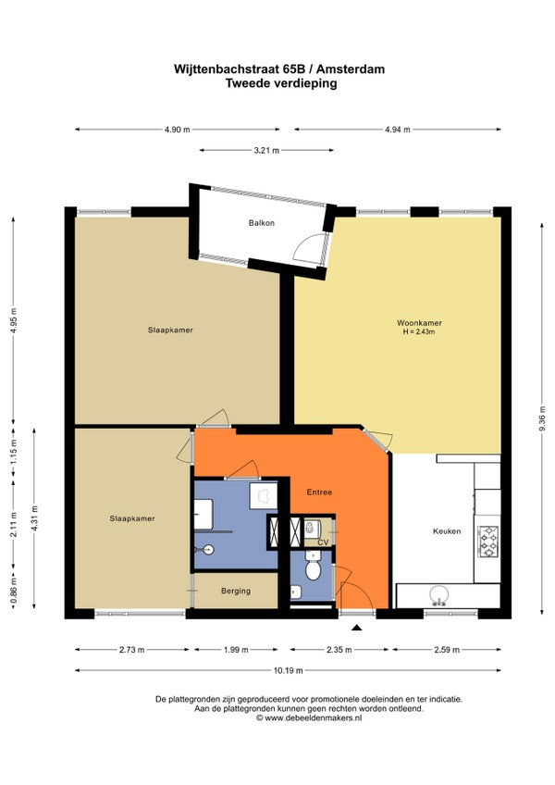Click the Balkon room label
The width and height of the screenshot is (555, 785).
click(261, 223)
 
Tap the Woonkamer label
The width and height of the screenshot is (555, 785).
click(419, 323)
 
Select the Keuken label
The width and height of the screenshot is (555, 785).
click(447, 531)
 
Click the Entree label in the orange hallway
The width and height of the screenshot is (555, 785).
click(319, 492)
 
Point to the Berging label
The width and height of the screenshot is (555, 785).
click(236, 592)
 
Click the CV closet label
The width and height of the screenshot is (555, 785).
click(324, 542)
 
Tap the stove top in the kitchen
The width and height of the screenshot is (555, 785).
click(488, 542)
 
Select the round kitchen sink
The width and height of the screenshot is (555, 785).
click(438, 594)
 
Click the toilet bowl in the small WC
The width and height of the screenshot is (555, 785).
click(314, 568)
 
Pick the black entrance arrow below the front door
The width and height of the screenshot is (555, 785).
click(356, 628)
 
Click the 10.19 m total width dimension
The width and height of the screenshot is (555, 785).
click(288, 670)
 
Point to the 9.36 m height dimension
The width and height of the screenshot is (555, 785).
click(542, 418)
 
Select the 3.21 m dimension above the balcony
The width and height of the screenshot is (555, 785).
click(266, 150)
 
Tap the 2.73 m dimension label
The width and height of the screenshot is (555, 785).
click(131, 650)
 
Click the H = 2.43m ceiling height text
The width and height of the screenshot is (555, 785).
click(419, 331)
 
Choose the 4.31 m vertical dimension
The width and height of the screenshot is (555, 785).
click(34, 518)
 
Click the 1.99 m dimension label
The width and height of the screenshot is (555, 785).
click(236, 650)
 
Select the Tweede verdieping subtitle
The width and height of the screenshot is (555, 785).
click(281, 83)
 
